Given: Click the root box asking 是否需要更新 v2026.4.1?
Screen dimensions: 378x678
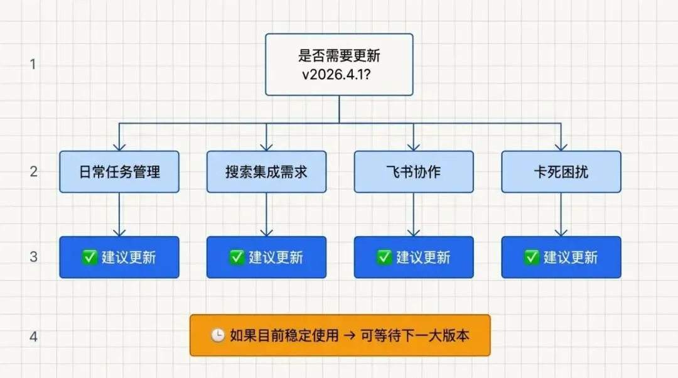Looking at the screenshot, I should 339,65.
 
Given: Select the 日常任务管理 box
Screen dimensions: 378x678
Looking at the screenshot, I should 119,171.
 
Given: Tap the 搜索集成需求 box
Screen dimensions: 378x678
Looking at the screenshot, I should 266,171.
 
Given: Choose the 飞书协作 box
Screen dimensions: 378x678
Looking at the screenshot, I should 413,171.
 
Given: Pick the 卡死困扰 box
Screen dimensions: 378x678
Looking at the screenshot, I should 561,171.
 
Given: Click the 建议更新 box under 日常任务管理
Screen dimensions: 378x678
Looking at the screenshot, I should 119,257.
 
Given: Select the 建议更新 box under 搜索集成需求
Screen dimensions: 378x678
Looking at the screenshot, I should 266,257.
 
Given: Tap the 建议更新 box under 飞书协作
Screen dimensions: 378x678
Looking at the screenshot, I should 413,257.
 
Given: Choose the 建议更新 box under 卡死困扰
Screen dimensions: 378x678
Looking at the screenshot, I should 561,257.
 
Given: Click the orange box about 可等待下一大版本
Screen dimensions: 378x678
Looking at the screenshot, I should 340,335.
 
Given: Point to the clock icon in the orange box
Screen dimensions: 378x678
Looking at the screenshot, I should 217,336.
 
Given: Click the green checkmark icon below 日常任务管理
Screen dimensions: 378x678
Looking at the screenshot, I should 90,257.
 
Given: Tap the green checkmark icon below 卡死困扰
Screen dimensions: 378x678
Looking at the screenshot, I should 532,257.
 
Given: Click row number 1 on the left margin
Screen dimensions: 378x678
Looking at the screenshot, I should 33,64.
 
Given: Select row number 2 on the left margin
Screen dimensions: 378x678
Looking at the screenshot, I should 33,171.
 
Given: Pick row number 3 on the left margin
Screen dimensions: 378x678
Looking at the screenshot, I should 33,257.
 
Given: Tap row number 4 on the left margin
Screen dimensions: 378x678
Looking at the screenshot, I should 33,337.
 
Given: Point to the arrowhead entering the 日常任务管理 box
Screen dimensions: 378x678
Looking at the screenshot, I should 119,146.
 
